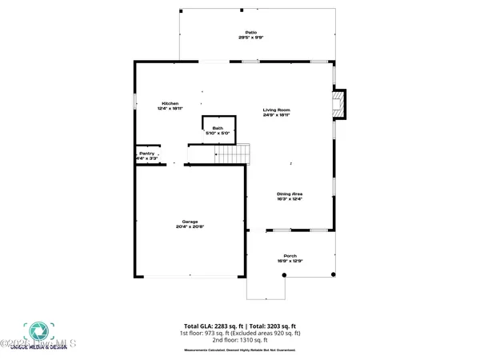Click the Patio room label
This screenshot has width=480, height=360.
(x=245, y=33)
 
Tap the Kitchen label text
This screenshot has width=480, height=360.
(x=170, y=103)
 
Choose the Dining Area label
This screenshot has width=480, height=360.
(x=290, y=194)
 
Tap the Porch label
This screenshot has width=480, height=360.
(x=290, y=256)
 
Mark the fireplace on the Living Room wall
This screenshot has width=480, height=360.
(x=339, y=103)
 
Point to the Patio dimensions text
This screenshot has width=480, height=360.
(x=245, y=38)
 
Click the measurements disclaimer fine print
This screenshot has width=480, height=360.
(x=240, y=350)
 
